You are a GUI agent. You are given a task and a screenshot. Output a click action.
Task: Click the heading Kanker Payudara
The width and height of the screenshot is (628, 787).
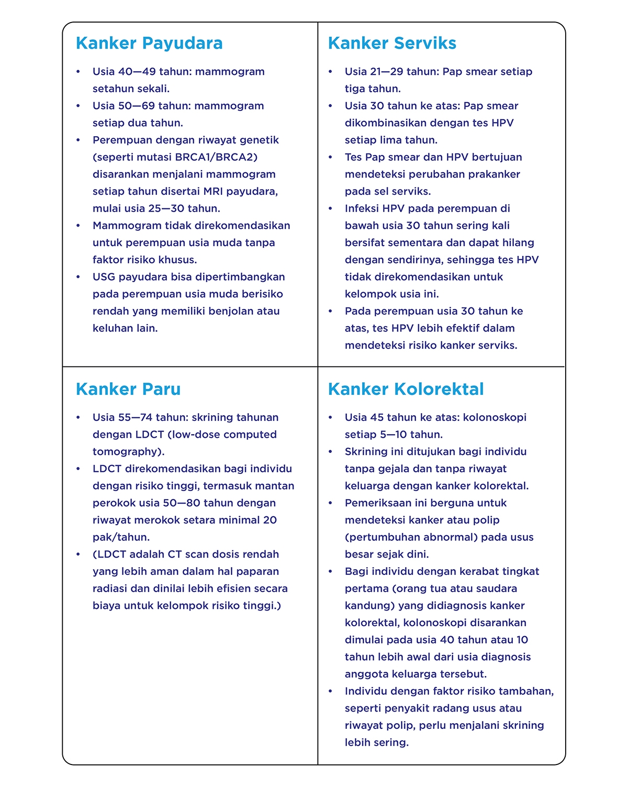tap(149, 43)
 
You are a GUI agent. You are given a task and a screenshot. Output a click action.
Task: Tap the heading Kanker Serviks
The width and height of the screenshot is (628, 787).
tap(392, 43)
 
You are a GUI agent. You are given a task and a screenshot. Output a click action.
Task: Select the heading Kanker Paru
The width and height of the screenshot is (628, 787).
tap(128, 389)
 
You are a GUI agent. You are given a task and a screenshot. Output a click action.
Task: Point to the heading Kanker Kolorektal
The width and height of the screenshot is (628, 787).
tap(406, 389)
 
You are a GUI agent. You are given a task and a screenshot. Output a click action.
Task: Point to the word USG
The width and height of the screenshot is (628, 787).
tap(104, 277)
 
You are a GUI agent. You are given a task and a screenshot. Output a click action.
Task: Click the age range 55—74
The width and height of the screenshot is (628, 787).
tap(136, 417)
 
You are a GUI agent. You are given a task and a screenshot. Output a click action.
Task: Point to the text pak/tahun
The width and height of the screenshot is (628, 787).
tap(121, 537)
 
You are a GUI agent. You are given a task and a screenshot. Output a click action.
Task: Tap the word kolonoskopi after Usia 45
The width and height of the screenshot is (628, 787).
tap(495, 417)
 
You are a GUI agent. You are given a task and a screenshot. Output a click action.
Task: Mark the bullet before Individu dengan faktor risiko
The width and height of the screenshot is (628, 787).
tap(331, 692)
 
